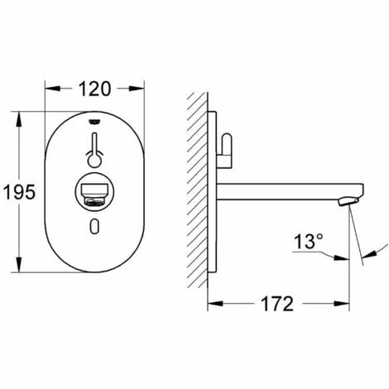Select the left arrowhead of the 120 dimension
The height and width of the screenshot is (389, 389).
click(x=48, y=85)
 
